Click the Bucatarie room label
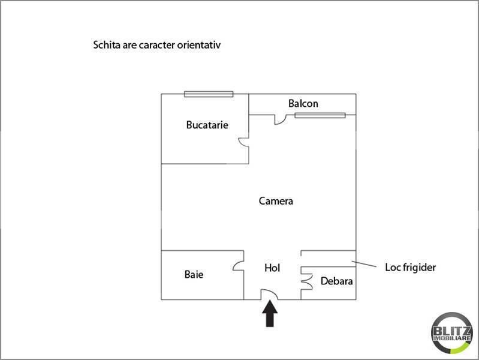pos(207,125)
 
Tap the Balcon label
pos(303,103)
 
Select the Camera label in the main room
pos(276,201)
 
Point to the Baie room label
pos(194,274)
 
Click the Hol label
pos(272,268)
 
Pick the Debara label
pos(337,281)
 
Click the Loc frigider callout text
pos(410,268)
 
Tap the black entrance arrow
pos(270,314)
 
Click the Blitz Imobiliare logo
pos(451,333)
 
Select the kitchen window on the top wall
pos(209,94)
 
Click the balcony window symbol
pos(320,115)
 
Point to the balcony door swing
pos(280,119)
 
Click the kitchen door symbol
pos(243,143)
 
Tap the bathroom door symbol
pos(238,265)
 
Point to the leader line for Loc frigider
pos(364,264)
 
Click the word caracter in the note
pos(157,45)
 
